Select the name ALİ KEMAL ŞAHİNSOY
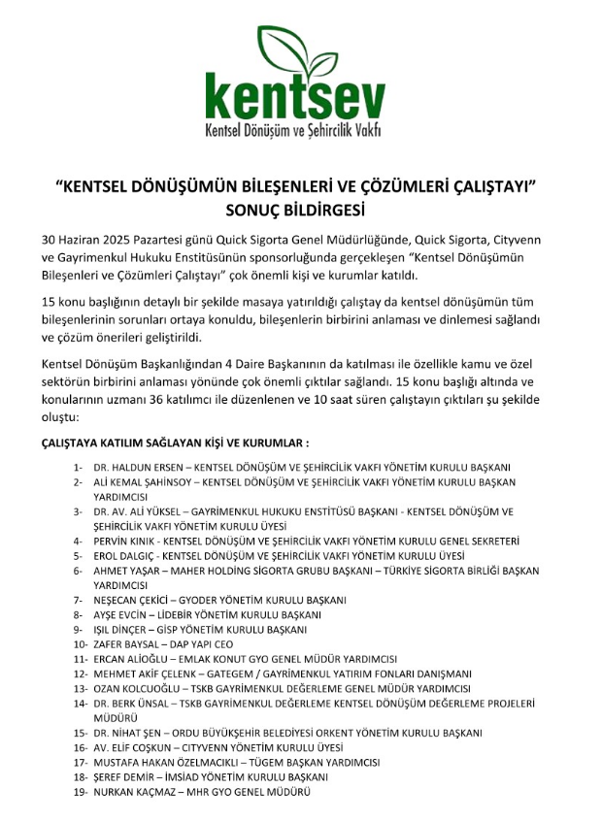tap(142, 481)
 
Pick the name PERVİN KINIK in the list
tap(124, 541)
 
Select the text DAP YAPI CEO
tap(203, 644)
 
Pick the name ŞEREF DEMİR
tap(121, 777)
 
